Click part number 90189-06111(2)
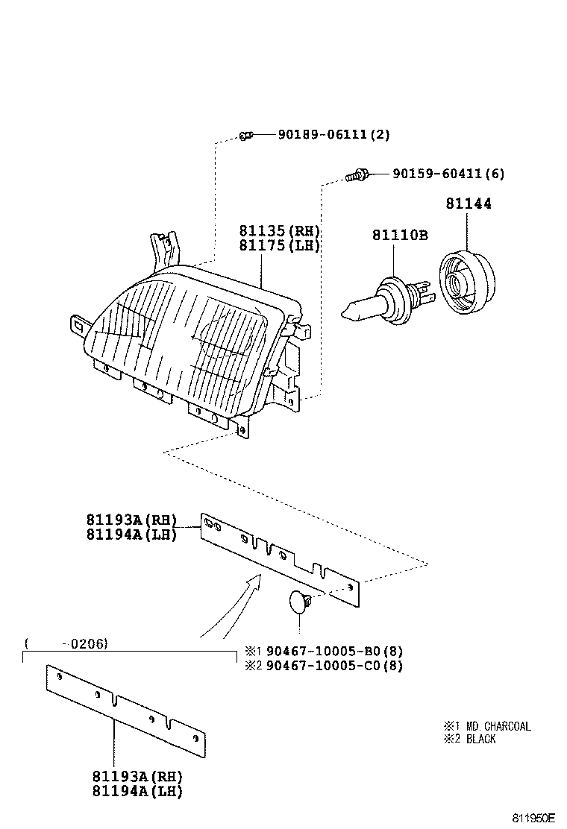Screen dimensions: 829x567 333,135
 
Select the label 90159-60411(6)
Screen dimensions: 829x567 448,174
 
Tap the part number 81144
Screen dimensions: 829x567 469,204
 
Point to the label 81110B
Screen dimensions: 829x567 400,236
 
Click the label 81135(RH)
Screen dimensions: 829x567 279,231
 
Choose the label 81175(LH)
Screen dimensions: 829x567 279,246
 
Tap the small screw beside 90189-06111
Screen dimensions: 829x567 247,135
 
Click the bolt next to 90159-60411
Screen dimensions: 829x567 357,175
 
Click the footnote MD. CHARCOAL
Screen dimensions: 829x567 498,726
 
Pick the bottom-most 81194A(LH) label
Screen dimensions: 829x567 137,792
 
